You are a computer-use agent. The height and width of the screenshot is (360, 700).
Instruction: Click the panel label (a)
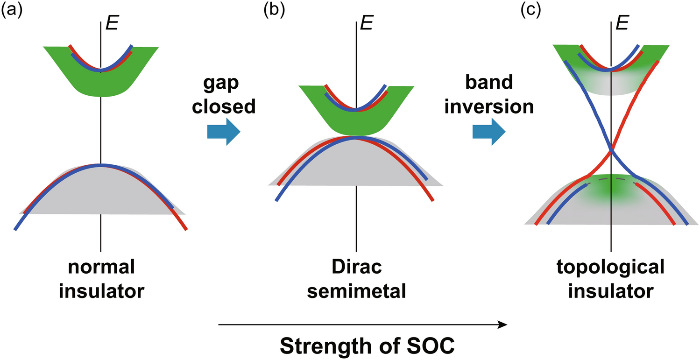(x=11, y=10)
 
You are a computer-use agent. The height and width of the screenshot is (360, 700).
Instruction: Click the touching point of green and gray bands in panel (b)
(x=356, y=136)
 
